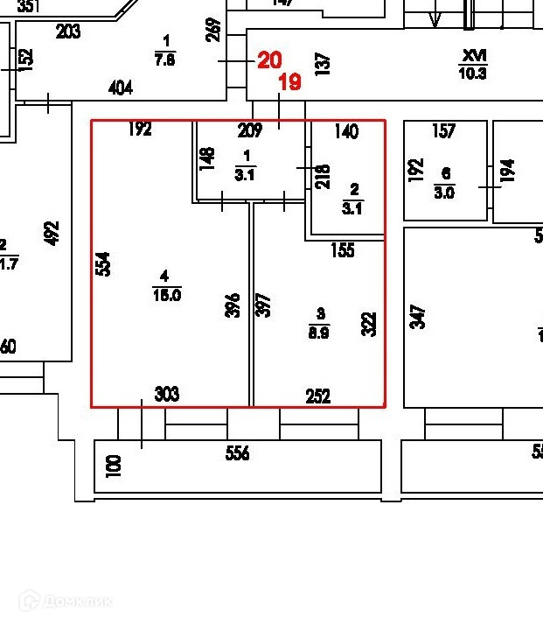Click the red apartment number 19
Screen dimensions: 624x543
coord(289,82)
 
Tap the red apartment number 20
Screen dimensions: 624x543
coord(269,60)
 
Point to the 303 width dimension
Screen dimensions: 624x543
coord(166,395)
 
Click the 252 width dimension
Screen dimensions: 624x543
coord(318,396)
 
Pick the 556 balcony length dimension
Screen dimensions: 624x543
coord(237,453)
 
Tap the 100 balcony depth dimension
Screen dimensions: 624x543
coord(113,465)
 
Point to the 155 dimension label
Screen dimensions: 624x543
coord(342,250)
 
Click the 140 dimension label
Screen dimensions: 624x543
coord(346,132)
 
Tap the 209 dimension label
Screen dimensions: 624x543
coord(250,132)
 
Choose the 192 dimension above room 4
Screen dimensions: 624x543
coord(140,130)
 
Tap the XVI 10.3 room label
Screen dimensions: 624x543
coord(472,65)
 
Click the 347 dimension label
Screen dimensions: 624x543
coord(417,316)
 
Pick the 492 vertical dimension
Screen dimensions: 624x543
coord(52,234)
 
